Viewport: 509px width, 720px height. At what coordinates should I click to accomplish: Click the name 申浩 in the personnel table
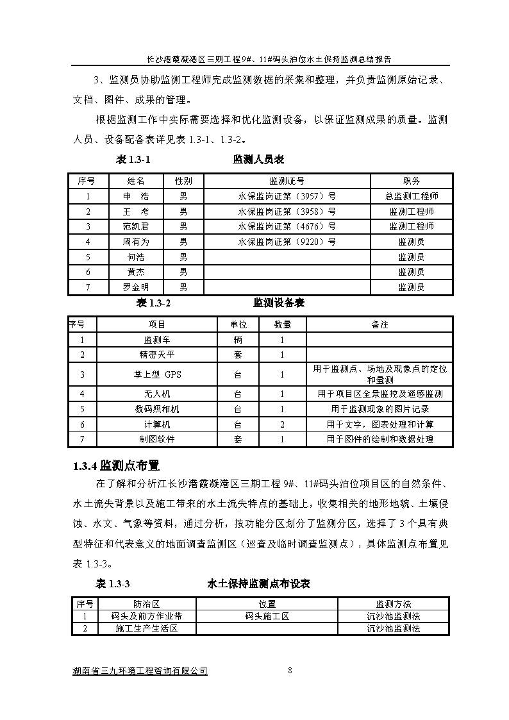click(135, 196)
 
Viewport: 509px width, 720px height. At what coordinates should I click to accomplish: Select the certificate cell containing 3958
click(287, 212)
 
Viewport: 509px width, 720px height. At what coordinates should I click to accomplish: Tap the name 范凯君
click(135, 226)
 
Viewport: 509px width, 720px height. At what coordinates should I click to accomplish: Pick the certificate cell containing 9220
click(287, 242)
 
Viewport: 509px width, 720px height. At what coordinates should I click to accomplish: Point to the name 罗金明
click(135, 287)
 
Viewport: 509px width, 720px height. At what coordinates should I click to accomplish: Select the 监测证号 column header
click(287, 181)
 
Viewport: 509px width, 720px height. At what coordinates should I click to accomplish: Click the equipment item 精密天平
click(157, 355)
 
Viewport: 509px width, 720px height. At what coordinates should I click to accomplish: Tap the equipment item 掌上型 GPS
click(157, 374)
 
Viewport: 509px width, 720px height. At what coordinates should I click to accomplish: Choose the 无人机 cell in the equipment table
click(157, 394)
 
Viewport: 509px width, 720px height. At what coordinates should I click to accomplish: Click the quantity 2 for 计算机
click(281, 424)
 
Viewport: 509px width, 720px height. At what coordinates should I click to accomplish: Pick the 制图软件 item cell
click(157, 439)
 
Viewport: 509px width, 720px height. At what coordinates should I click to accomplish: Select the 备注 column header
click(380, 325)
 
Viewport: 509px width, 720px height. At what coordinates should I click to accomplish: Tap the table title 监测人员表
click(258, 160)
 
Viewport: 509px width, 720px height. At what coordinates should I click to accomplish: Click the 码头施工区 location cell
click(267, 616)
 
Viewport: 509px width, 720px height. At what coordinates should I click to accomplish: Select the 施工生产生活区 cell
click(146, 628)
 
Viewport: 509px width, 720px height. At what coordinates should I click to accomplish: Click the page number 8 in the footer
click(290, 671)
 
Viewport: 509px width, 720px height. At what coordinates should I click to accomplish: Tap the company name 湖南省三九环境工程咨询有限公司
click(140, 671)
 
